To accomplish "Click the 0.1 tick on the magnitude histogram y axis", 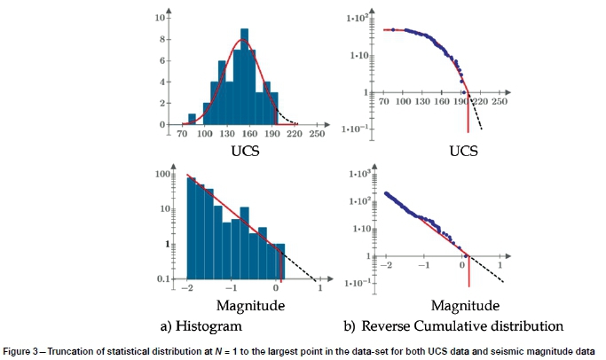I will click(164, 279).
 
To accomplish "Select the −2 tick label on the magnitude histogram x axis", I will click(185, 290).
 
